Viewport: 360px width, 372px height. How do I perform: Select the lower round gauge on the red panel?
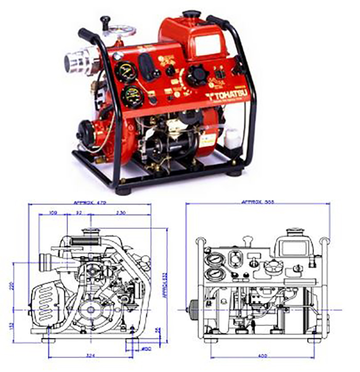point(131,96)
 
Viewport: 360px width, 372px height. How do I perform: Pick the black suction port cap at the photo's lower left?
point(84,133)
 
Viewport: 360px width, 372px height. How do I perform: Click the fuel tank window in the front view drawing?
point(295,248)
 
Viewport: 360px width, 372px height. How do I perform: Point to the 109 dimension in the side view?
point(53,212)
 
